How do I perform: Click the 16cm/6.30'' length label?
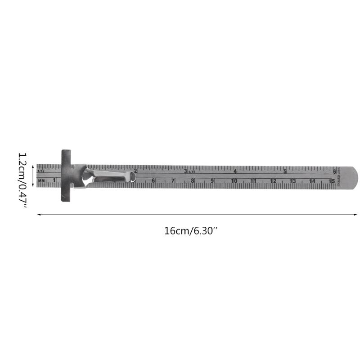pyautogui.click(x=191, y=231)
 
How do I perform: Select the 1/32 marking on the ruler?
pyautogui.click(x=41, y=171)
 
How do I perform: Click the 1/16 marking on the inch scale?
pyautogui.click(x=192, y=171)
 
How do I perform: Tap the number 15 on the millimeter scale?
pyautogui.click(x=332, y=181)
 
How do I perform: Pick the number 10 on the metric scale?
pyautogui.click(x=234, y=181)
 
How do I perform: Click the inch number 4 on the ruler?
pyautogui.click(x=235, y=171)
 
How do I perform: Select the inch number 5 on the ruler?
pyautogui.click(x=285, y=171)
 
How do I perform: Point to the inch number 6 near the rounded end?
pyautogui.click(x=334, y=171)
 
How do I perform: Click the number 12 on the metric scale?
pyautogui.click(x=273, y=181)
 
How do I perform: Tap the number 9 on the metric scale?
pyautogui.click(x=212, y=181)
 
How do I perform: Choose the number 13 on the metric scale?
pyautogui.click(x=292, y=181)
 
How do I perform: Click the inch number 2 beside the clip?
pyautogui.click(x=136, y=171)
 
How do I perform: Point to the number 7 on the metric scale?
pyautogui.click(x=173, y=181)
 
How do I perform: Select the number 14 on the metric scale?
pyautogui.click(x=312, y=181)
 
